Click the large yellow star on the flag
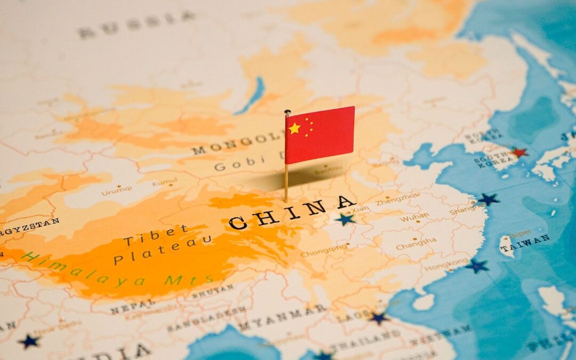(294, 128)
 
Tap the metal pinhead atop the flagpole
(287, 113)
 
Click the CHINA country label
(292, 212)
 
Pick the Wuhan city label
(414, 217)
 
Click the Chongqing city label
(323, 251)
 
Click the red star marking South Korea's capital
(518, 152)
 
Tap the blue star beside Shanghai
(489, 199)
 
